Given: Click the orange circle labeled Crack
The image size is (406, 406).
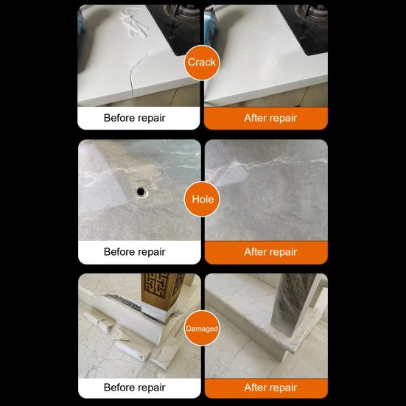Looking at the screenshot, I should [202, 62].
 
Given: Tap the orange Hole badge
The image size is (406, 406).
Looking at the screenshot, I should [202, 199].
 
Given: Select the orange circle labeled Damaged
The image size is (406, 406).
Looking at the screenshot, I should [202, 329].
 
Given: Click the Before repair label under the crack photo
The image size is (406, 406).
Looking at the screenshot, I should [134, 118].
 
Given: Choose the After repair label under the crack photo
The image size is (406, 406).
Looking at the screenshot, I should [270, 118].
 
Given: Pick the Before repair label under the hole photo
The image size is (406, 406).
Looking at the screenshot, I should [134, 252].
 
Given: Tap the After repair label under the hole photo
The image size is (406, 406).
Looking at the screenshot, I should [270, 252].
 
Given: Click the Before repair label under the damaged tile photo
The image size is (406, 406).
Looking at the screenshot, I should [134, 388].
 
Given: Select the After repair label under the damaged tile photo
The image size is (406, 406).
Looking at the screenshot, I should [270, 388].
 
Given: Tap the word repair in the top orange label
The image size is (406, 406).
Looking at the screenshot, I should [282, 118].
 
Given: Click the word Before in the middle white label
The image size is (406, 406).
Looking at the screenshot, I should [119, 252].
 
